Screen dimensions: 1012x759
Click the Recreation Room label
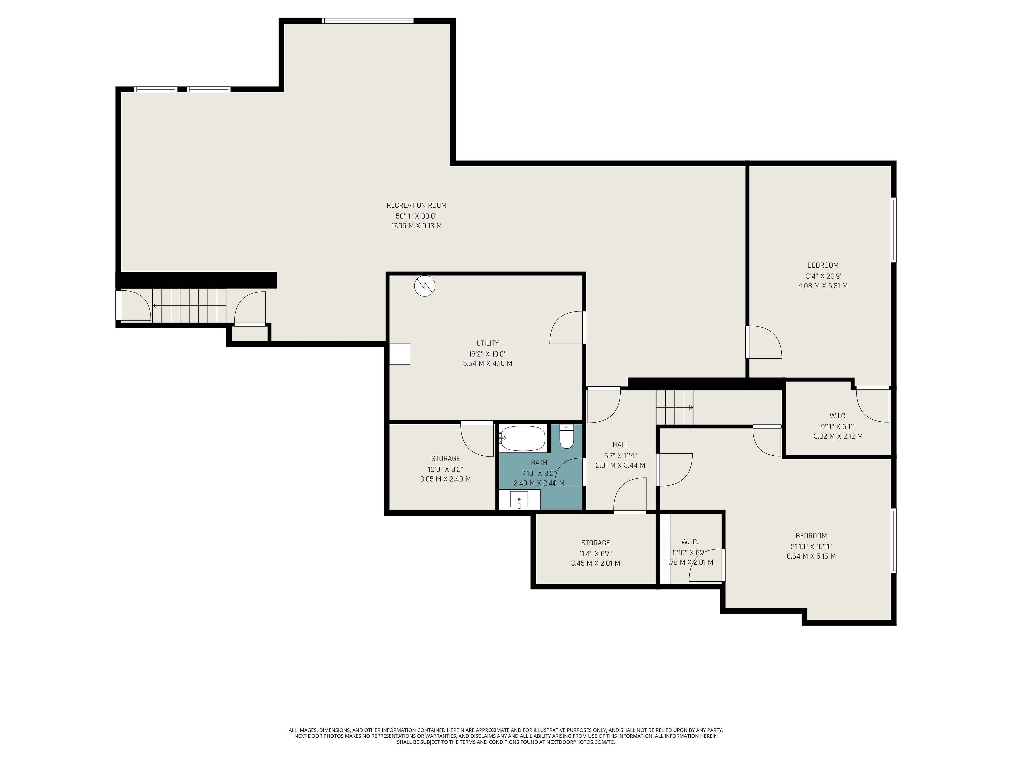pyautogui.click(x=416, y=205)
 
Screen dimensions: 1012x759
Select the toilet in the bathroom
pyautogui.click(x=566, y=437)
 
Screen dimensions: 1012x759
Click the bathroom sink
pyautogui.click(x=519, y=500)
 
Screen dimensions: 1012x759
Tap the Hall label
pyautogui.click(x=620, y=445)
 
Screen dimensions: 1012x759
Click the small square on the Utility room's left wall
pyautogui.click(x=400, y=354)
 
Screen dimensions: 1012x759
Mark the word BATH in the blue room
pyautogui.click(x=539, y=463)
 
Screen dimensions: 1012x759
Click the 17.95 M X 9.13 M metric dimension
pyautogui.click(x=416, y=226)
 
